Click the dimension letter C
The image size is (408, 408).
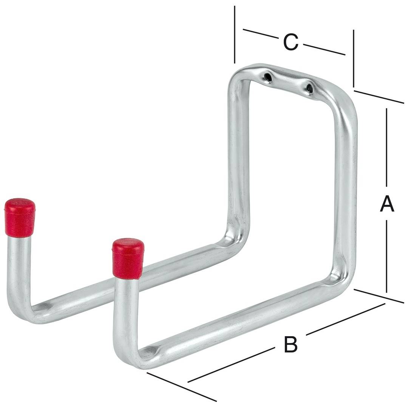(x=291, y=42)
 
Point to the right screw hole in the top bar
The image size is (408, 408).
(x=309, y=89)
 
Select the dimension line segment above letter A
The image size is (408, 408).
(x=386, y=147)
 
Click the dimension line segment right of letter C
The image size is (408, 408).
(x=324, y=49)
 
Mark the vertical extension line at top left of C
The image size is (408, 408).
(x=235, y=34)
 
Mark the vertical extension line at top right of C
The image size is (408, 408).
(x=354, y=59)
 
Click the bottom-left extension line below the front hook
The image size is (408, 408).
(x=181, y=387)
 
